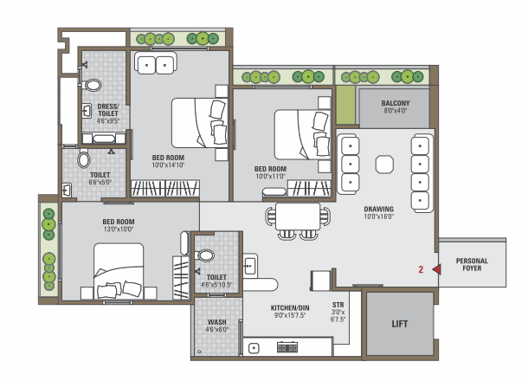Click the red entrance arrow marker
437,269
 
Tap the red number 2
421,269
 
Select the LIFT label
400,324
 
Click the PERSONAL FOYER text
472,264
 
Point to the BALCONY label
396,103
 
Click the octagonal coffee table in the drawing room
384,165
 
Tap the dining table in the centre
298,216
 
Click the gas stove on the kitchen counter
287,347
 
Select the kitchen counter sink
254,348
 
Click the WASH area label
217,322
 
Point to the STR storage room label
338,305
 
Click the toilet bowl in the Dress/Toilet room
93,85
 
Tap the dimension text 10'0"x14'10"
168,165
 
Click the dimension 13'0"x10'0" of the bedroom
119,229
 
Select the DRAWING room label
379,209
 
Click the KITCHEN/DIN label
290,308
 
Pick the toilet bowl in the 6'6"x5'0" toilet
84,159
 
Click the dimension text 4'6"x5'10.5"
216,285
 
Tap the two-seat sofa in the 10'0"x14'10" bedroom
156,63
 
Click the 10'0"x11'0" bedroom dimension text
270,177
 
